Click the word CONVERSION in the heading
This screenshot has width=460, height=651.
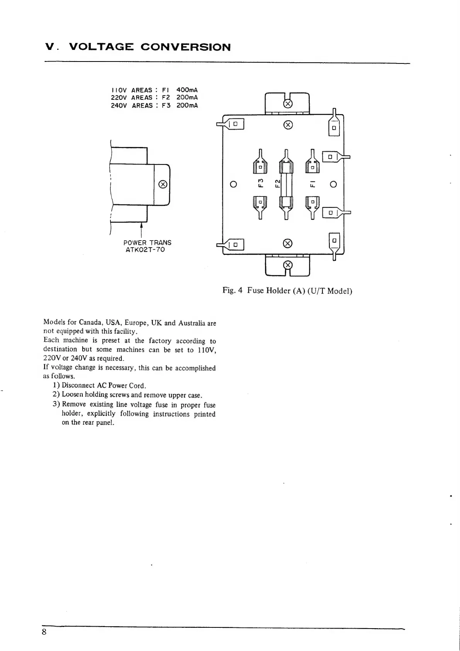tap(185, 47)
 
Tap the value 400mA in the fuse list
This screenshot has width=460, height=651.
tap(187, 90)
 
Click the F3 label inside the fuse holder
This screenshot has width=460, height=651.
tap(261, 183)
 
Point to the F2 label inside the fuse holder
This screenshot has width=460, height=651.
tap(277, 183)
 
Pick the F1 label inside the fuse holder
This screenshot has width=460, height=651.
tap(313, 183)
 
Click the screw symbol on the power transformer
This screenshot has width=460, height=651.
tap(163, 184)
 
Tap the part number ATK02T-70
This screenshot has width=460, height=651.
tap(145, 249)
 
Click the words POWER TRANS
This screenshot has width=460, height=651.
tap(147, 243)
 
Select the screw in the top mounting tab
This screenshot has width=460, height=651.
tap(288, 104)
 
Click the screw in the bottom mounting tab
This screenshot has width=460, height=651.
tap(288, 265)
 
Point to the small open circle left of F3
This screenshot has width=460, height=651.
tap(233, 185)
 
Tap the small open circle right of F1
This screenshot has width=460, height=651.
tap(334, 185)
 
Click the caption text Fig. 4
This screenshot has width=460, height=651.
tap(233, 290)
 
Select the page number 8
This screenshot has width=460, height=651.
tap(44, 632)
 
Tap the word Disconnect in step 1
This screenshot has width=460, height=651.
tap(78, 385)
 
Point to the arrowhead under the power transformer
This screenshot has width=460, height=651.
tap(143, 225)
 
